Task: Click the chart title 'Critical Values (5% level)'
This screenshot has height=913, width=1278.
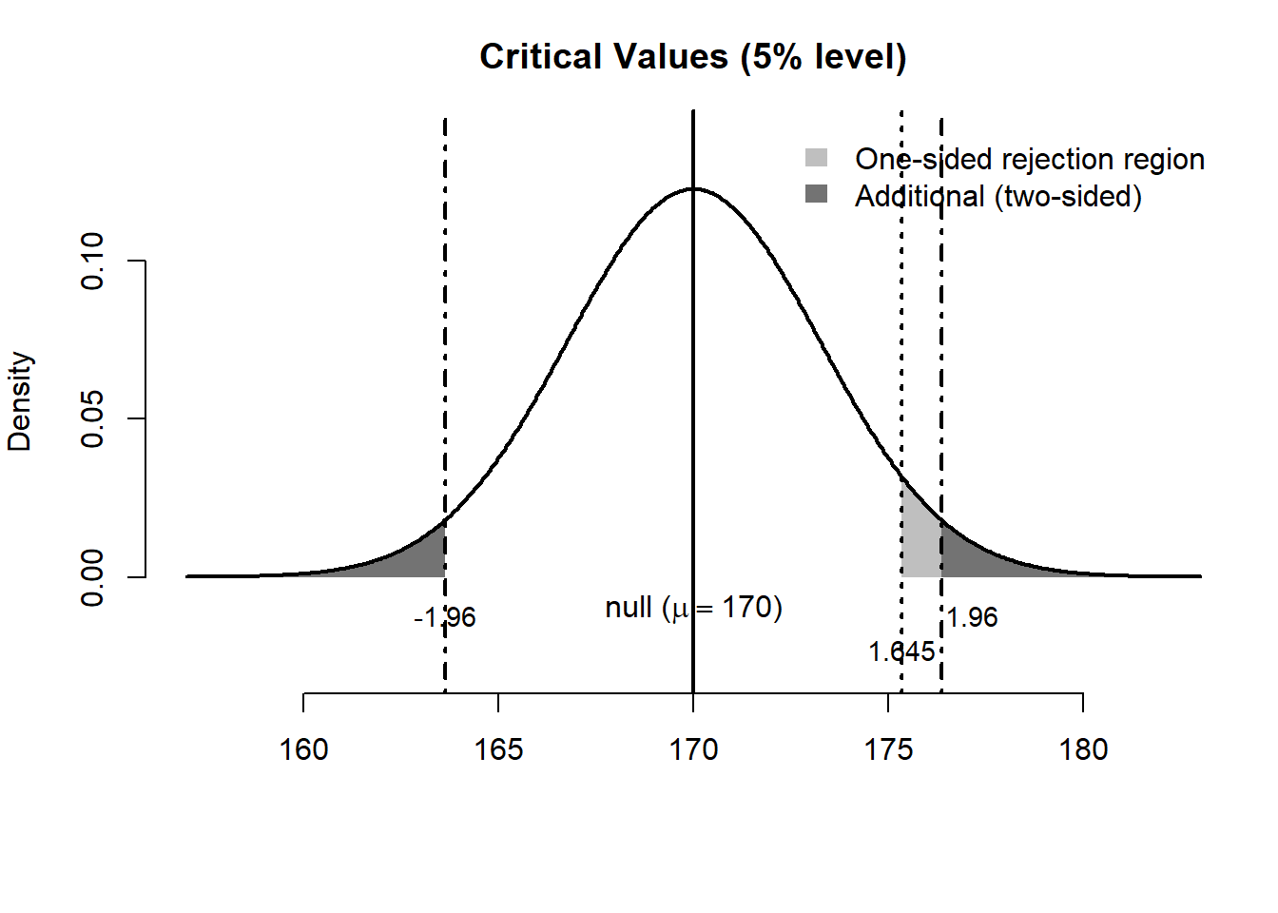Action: click(692, 57)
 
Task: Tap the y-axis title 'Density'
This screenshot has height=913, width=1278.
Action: click(20, 401)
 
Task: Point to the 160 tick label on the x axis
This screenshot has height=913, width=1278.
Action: click(303, 750)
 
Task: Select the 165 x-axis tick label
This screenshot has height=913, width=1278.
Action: click(498, 750)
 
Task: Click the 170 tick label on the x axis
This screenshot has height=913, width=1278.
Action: click(693, 750)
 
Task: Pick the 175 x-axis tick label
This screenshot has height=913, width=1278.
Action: click(888, 750)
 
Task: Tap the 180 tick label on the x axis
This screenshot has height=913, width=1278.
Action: click(1083, 750)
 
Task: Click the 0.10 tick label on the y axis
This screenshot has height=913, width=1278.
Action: click(92, 261)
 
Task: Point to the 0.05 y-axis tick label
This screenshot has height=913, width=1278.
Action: click(92, 418)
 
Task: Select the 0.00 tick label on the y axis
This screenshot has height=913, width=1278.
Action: click(92, 576)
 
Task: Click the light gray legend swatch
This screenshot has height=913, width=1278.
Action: click(816, 158)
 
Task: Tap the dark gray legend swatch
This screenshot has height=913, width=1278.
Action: click(816, 195)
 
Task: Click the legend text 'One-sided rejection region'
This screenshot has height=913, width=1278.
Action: click(1029, 159)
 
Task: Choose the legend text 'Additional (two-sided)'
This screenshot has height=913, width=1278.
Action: click(997, 196)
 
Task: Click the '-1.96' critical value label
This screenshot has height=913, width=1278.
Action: click(445, 618)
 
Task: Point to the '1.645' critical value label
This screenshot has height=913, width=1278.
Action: click(901, 652)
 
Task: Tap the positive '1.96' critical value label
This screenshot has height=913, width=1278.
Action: click(972, 618)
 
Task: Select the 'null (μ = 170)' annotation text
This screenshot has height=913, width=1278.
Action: click(693, 608)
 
